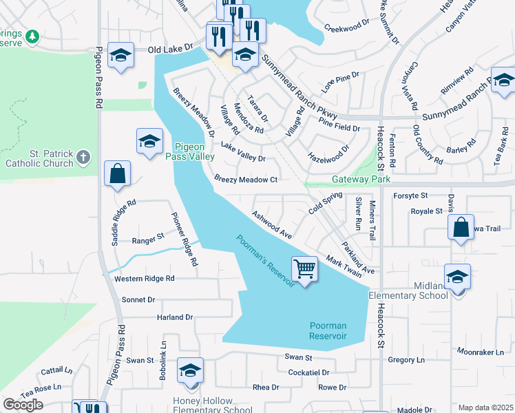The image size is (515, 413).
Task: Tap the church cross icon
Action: point(83,158)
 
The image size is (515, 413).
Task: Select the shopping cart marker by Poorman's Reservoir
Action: point(304,268)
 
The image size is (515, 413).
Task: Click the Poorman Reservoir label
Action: point(328,330)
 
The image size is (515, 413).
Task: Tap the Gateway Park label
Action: point(361,179)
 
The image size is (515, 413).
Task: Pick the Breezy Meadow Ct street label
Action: point(245,180)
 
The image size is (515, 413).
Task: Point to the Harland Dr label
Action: point(175,317)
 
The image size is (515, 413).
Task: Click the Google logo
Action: point(23,405)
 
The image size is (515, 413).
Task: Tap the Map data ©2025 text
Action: point(485,407)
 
